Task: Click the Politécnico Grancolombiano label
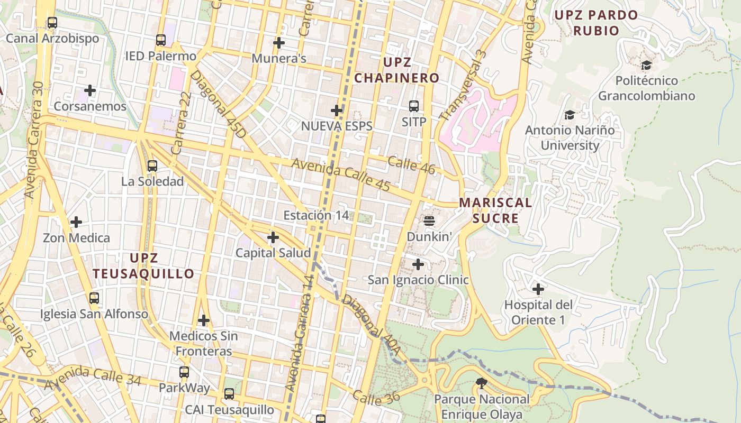(646, 88)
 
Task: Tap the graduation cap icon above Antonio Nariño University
(570, 115)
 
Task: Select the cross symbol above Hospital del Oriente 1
(538, 289)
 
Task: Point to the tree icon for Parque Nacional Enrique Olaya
(481, 383)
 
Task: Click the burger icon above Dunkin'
(429, 220)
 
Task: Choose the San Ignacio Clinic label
(418, 280)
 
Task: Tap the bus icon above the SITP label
(414, 106)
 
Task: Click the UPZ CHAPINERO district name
(397, 70)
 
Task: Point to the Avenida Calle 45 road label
(340, 175)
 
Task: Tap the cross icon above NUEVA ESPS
(337, 111)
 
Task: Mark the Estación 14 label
(316, 215)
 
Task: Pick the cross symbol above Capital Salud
(273, 237)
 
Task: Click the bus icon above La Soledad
(152, 166)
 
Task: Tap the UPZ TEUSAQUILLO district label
(144, 266)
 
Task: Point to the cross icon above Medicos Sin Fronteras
(204, 320)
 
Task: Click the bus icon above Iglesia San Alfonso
(94, 298)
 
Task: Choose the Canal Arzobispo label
(52, 39)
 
